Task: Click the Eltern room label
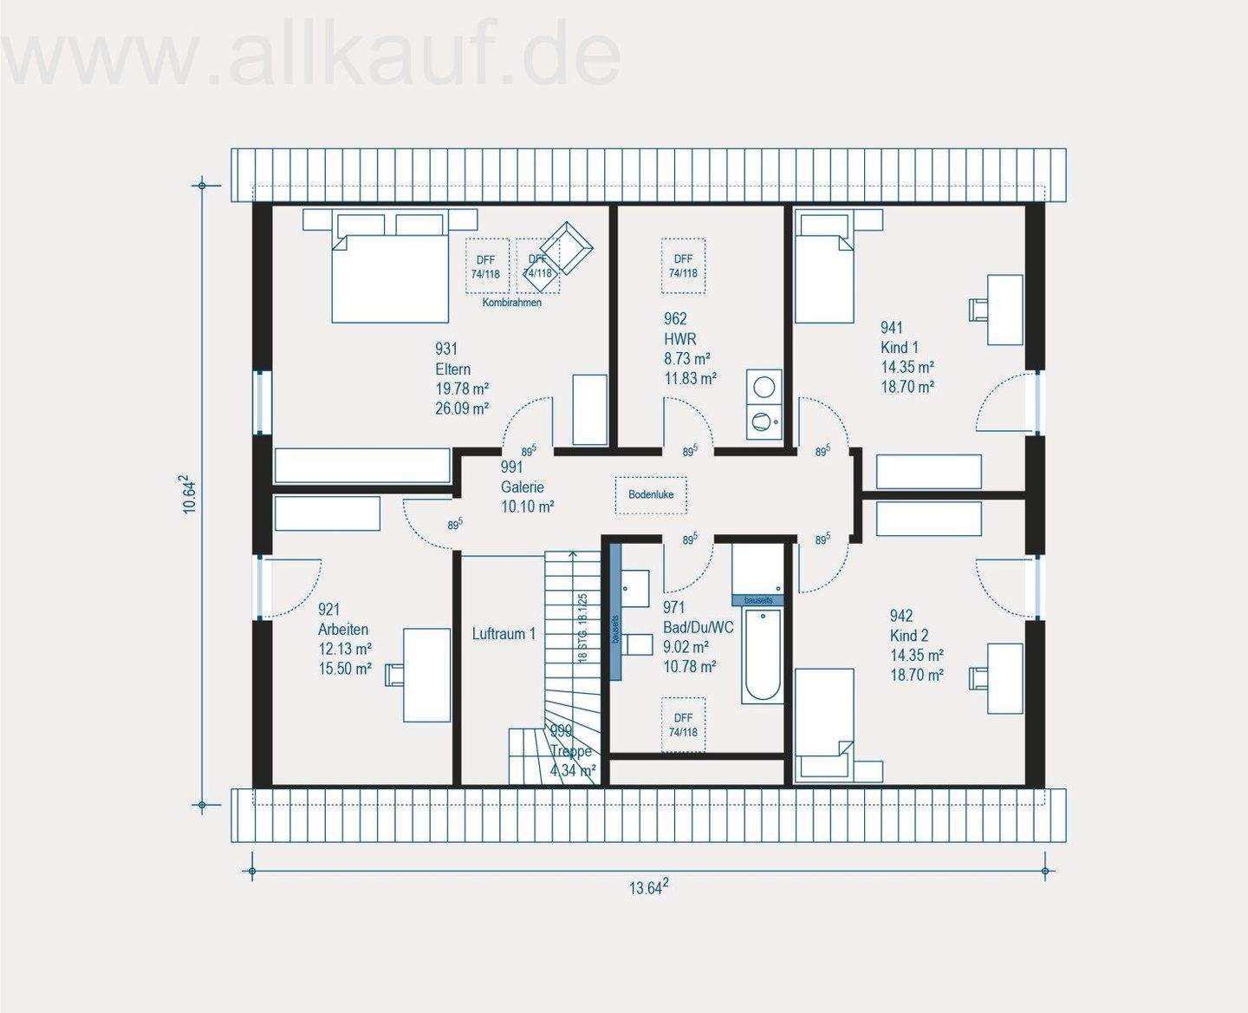(x=452, y=369)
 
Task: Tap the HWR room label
(x=679, y=339)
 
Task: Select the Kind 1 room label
(x=900, y=347)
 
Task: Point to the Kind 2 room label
(x=909, y=636)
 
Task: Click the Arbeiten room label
(x=343, y=630)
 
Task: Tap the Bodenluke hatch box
(x=651, y=494)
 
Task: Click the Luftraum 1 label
(x=504, y=634)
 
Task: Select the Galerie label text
(x=523, y=487)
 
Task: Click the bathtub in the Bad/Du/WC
(x=763, y=655)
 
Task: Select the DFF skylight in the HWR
(x=683, y=265)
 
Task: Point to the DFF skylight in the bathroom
(x=683, y=724)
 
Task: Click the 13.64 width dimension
(x=647, y=887)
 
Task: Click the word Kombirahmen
(x=512, y=303)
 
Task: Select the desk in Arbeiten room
(x=426, y=675)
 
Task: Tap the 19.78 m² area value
(x=462, y=389)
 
